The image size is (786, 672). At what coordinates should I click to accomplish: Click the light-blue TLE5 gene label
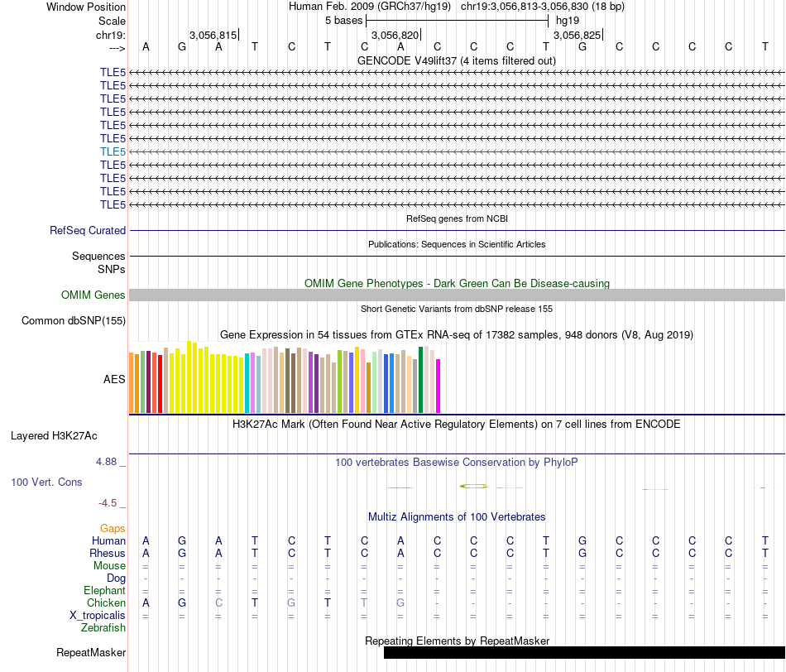(x=113, y=151)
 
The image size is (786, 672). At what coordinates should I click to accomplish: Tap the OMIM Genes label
(x=93, y=295)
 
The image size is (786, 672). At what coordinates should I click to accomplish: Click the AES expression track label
(x=114, y=379)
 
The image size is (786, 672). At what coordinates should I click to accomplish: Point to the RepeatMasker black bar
(x=583, y=652)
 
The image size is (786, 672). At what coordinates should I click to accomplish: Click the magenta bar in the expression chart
(x=439, y=386)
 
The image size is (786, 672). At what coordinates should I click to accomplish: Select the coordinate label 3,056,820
(x=395, y=35)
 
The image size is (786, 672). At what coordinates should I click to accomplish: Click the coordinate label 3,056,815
(x=213, y=35)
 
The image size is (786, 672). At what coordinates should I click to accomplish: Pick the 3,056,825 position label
(x=577, y=35)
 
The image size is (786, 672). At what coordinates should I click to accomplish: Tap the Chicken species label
(x=105, y=602)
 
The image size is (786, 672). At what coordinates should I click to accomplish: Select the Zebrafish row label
(x=103, y=627)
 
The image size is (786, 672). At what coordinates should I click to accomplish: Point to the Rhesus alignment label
(x=107, y=553)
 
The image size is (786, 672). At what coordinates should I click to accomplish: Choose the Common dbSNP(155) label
(x=74, y=321)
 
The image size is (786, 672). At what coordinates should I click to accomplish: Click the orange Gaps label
(x=113, y=528)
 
